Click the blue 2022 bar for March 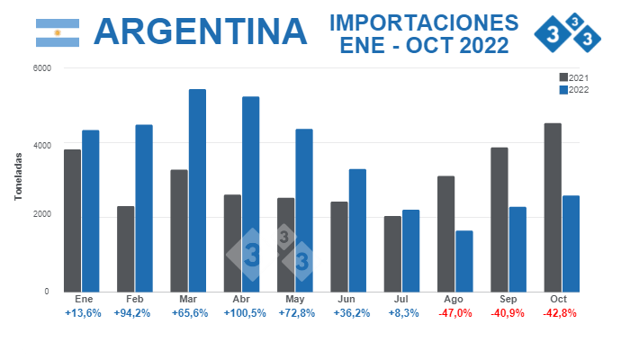coord(197,190)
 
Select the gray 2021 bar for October coord(553,207)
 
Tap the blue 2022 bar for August coord(463,261)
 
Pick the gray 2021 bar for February coord(126,248)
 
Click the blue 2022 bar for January coord(90,211)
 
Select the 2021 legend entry coord(573,77)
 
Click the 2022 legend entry coord(573,89)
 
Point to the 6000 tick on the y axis coord(41,68)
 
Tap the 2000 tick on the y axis coord(41,215)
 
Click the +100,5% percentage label coord(241,313)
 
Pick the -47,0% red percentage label coord(454,313)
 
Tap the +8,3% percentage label coord(401,313)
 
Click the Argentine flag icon coord(58,32)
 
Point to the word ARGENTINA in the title coord(200,31)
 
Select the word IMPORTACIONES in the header coord(423,22)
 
